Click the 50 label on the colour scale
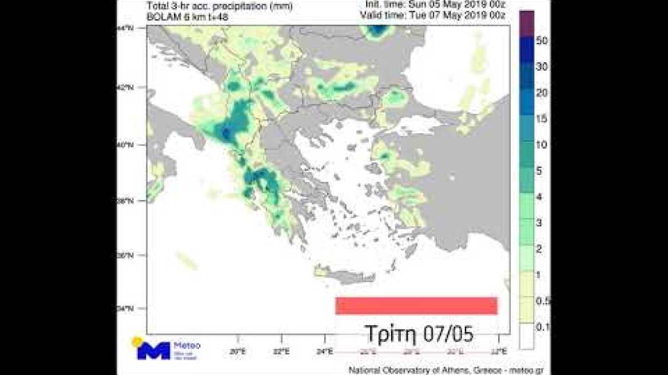(543, 41)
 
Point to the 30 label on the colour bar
(543, 67)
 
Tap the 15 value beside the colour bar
(542, 119)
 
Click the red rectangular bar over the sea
(416, 306)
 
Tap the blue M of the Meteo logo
(153, 350)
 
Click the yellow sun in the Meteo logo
(137, 342)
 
